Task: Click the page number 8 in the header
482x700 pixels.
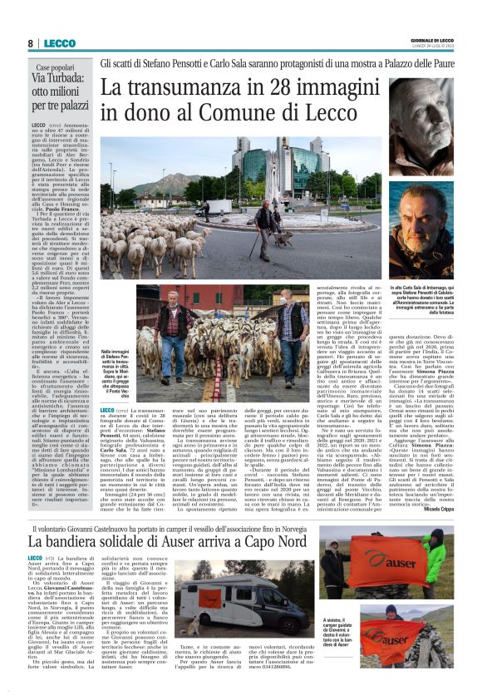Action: [x=30, y=43]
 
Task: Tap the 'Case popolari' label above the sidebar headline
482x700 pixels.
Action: [x=61, y=67]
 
